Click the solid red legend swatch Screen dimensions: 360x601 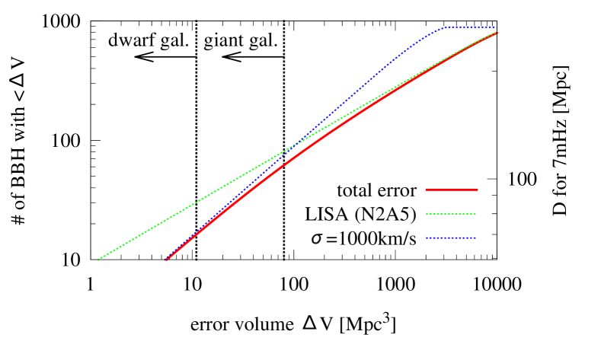click(x=451, y=190)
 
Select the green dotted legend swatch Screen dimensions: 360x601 click(x=451, y=214)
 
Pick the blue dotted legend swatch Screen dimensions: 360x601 click(x=451, y=238)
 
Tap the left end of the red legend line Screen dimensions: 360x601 click(x=426, y=190)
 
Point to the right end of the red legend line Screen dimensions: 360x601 click(x=478, y=190)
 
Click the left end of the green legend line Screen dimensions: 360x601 click(x=426, y=214)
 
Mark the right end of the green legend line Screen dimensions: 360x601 click(x=476, y=214)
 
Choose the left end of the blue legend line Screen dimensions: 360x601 click(x=426, y=238)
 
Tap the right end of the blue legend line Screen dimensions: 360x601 click(x=476, y=238)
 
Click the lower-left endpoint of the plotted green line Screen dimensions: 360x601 click(x=98, y=260)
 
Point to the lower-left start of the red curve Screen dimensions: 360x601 click(x=166, y=260)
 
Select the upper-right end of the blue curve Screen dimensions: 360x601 click(x=495, y=27)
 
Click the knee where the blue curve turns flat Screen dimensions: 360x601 click(x=444, y=28)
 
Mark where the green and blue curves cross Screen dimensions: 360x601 click(x=297, y=145)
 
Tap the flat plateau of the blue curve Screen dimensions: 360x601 click(x=469, y=27)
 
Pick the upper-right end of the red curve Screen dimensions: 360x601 click(x=497, y=33)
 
